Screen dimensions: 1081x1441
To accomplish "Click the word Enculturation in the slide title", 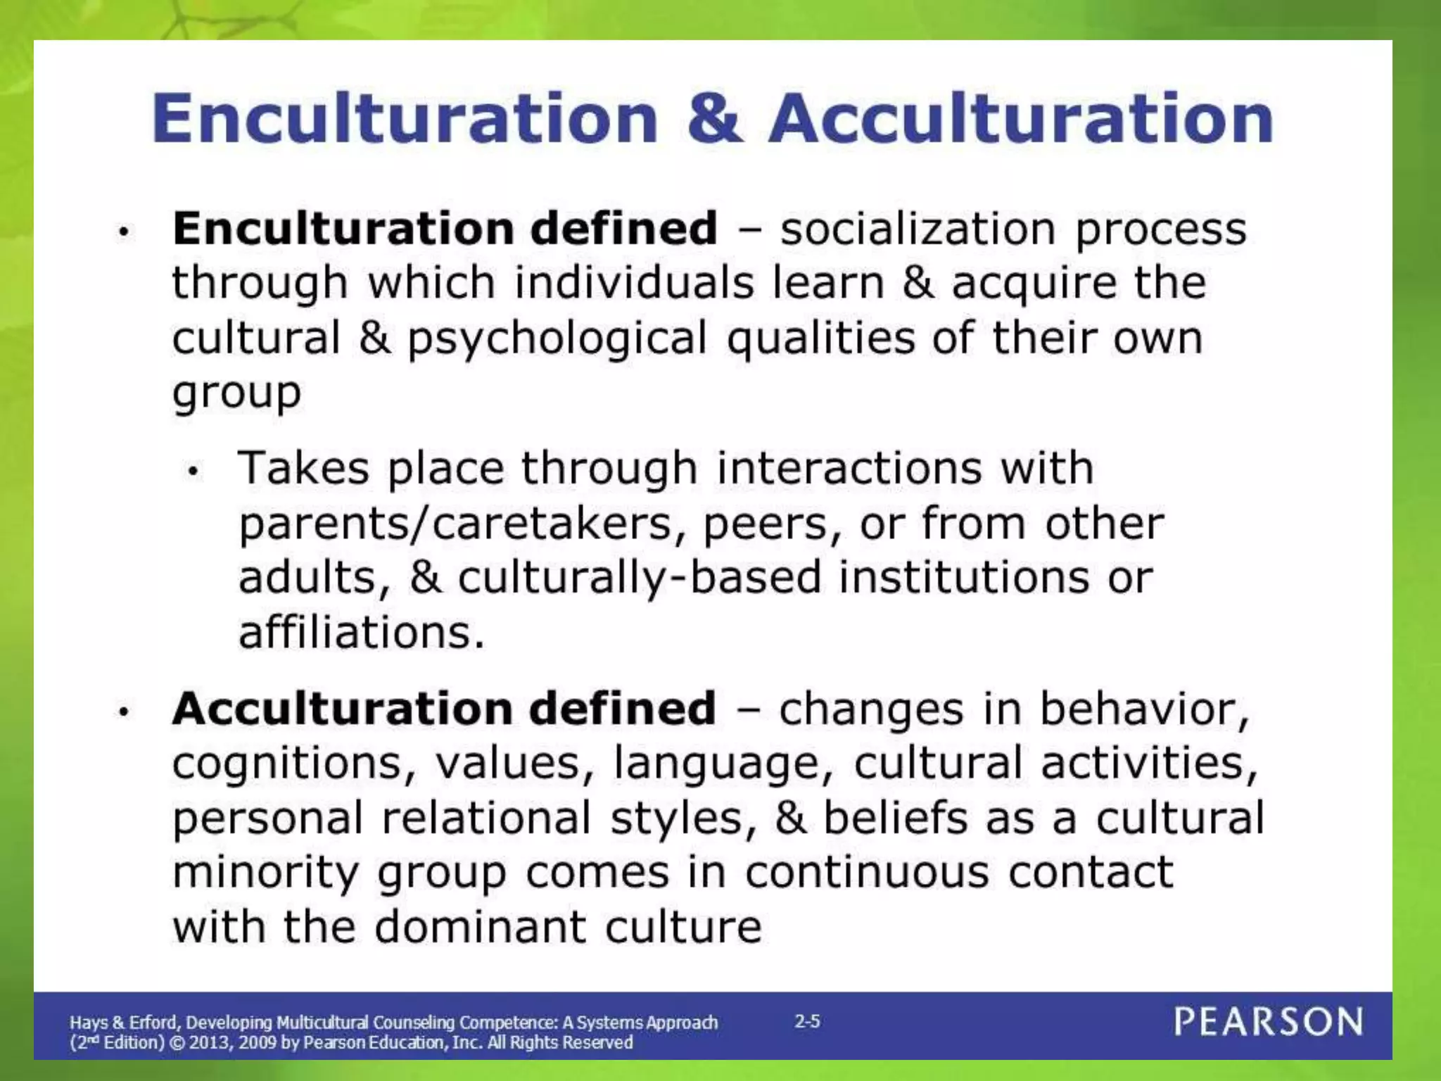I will [x=405, y=118].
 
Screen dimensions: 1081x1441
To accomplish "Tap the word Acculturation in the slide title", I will [x=1021, y=118].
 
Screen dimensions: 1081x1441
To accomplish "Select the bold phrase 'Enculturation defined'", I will [x=445, y=229].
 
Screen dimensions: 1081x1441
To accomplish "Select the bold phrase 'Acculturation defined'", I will [x=444, y=708].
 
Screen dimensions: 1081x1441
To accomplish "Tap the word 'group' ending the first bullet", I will [x=237, y=393].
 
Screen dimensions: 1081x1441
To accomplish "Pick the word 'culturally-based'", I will [x=640, y=578].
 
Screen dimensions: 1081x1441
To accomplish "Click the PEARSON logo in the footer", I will [x=1269, y=1022].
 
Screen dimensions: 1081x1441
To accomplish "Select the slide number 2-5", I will [x=807, y=1021].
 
